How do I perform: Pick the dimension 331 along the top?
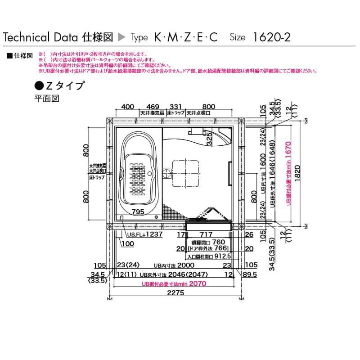175,107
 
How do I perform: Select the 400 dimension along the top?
128,107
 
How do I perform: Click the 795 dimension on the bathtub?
138,211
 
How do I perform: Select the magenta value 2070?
197,284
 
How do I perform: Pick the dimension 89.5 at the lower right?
249,274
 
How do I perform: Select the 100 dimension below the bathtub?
127,243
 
